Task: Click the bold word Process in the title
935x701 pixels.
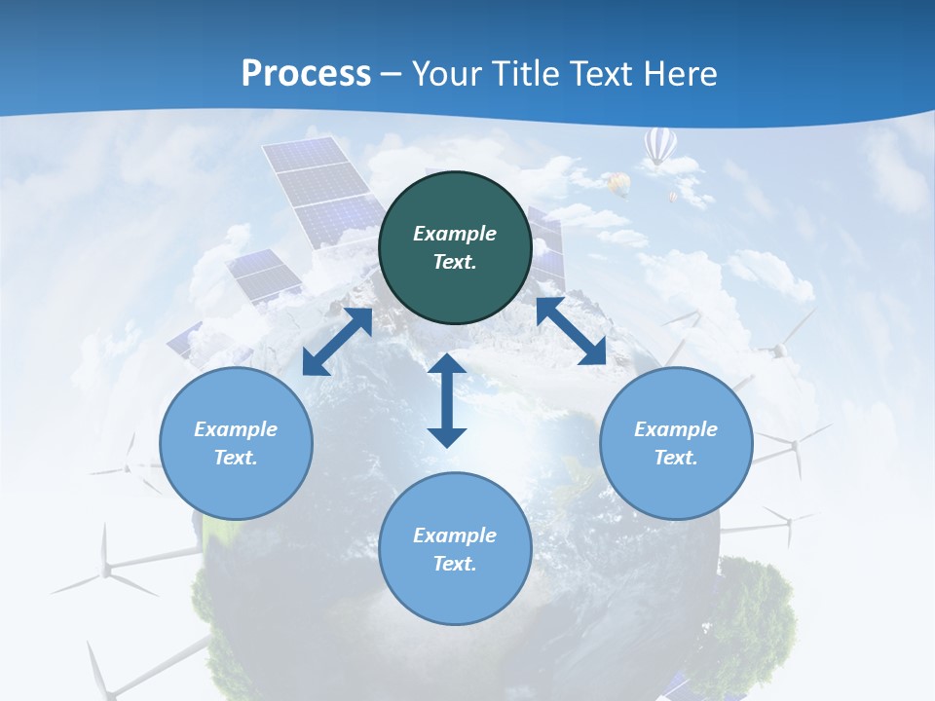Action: click(306, 73)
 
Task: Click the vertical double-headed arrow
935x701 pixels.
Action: click(447, 400)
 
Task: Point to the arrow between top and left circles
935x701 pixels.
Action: click(338, 341)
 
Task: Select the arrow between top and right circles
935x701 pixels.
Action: click(571, 332)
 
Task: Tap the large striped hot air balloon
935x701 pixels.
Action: click(659, 147)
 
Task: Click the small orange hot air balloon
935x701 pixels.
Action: click(618, 182)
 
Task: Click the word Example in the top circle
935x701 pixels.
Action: click(455, 234)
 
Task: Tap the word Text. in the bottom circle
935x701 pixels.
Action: click(455, 564)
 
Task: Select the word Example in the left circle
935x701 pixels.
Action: click(236, 429)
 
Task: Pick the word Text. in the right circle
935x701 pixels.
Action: click(676, 458)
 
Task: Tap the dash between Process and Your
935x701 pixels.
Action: click(392, 74)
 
